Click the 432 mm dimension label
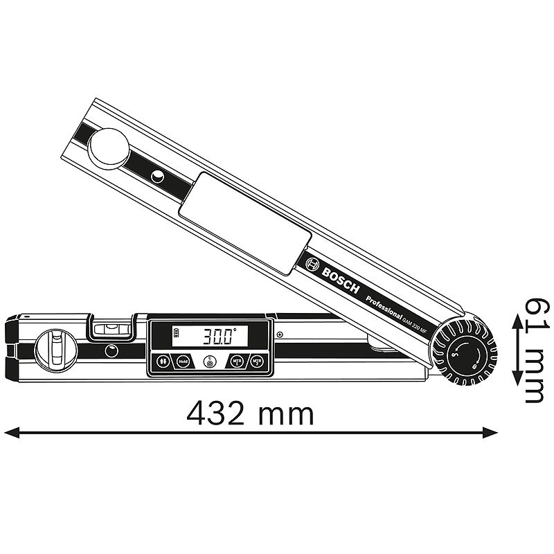(x=250, y=413)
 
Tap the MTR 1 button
(x=238, y=361)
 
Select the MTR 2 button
(x=257, y=361)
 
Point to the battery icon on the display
(x=178, y=337)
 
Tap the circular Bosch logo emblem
(x=312, y=264)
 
